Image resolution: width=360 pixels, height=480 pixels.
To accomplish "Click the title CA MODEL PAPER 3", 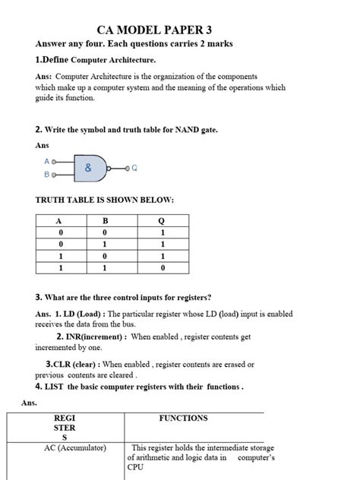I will pyautogui.click(x=179, y=30).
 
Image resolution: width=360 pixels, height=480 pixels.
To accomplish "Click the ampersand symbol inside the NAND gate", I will pyautogui.click(x=88, y=168).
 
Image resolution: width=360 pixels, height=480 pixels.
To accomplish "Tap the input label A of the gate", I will pyautogui.click(x=46, y=162).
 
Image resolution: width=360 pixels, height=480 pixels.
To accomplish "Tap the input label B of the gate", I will pyautogui.click(x=46, y=175).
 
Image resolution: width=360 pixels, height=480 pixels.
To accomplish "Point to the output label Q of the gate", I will pyautogui.click(x=134, y=168).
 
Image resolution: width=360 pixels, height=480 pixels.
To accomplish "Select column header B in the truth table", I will pyautogui.click(x=112, y=221).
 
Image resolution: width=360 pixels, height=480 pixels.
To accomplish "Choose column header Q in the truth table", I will pyautogui.click(x=162, y=221).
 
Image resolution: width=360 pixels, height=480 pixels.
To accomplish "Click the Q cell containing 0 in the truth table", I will pyautogui.click(x=162, y=268).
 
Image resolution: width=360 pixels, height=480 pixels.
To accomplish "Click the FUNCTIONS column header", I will pyautogui.click(x=183, y=418).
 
